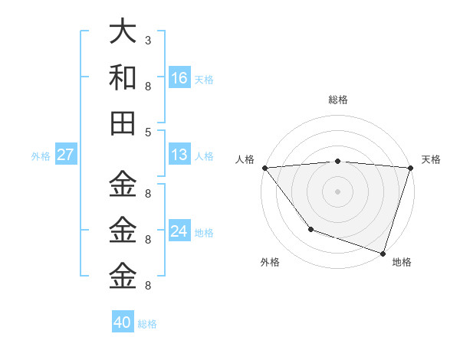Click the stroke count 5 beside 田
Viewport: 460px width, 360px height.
click(x=147, y=132)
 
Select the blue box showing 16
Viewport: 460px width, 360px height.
click(x=179, y=78)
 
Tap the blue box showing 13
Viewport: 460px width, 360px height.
click(x=179, y=155)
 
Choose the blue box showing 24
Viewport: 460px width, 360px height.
click(x=179, y=231)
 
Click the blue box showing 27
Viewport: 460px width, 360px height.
click(x=66, y=155)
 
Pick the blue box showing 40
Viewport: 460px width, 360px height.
click(x=123, y=322)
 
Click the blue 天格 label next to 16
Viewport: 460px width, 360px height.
click(x=204, y=80)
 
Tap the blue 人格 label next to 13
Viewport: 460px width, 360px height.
click(x=204, y=156)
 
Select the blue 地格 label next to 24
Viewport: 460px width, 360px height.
click(x=204, y=233)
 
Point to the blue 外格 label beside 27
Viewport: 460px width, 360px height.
click(x=41, y=156)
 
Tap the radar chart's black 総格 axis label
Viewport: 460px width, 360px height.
click(x=337, y=100)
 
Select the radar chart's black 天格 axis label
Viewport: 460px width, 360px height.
click(x=431, y=159)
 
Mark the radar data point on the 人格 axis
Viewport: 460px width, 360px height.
click(x=264, y=168)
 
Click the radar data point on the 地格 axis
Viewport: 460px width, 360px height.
click(x=383, y=253)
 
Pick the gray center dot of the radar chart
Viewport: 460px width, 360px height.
click(x=337, y=191)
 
